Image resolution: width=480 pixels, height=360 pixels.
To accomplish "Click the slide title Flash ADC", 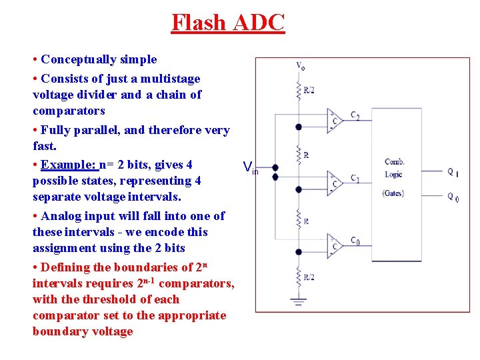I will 228,22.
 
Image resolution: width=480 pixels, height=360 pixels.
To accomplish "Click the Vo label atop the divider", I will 301,66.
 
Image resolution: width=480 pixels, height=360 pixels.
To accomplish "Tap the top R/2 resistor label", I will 309,89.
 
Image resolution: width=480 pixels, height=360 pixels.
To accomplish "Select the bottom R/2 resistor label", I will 309,276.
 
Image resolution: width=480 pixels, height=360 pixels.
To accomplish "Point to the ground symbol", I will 299,302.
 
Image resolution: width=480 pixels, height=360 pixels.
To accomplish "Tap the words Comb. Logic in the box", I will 395,168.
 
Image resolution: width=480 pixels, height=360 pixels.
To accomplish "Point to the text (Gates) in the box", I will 393,193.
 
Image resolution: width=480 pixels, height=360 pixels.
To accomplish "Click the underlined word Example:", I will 69,165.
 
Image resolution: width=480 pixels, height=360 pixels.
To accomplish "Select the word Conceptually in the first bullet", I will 79,60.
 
